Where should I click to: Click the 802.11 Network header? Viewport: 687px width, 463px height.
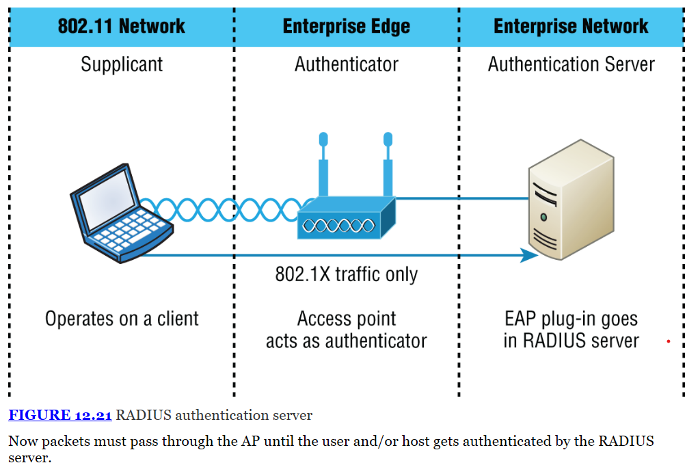tap(121, 27)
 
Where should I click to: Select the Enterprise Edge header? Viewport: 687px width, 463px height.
tap(346, 27)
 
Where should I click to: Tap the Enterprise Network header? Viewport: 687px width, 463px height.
tap(571, 27)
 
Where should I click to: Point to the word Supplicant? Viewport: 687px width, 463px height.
tap(122, 64)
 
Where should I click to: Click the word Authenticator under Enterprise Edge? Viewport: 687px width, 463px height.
tap(346, 64)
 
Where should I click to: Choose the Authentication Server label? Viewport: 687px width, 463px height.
tap(571, 64)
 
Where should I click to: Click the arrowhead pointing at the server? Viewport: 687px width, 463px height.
tap(530, 255)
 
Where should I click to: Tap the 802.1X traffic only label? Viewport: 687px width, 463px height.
tap(346, 274)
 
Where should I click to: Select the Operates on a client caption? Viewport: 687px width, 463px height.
tap(122, 319)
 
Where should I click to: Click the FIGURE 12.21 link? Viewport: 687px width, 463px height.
tap(60, 415)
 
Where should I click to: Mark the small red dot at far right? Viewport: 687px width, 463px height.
tap(668, 341)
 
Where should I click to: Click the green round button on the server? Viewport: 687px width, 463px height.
tap(543, 217)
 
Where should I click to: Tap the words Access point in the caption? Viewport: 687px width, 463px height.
tap(346, 319)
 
